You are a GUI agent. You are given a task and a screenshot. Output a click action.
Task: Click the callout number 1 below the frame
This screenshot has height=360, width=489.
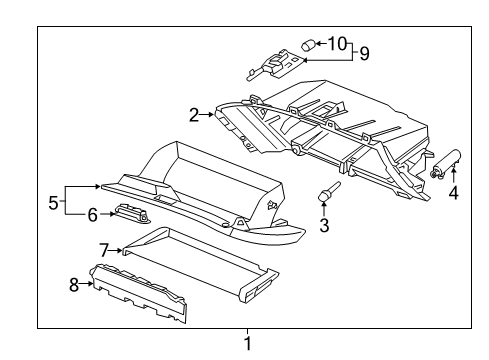tap(248, 345)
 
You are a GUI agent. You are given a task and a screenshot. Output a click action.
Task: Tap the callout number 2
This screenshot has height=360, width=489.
tap(194, 114)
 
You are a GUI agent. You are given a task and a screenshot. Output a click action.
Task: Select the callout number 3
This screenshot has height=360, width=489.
tap(324, 226)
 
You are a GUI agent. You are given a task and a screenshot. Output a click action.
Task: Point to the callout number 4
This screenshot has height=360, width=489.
tap(453, 192)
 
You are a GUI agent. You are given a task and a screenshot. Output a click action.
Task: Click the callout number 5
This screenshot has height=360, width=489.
tap(53, 202)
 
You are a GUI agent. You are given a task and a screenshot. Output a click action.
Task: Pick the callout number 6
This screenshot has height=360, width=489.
tap(92, 214)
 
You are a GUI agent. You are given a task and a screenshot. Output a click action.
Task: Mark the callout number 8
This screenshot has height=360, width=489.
tap(73, 284)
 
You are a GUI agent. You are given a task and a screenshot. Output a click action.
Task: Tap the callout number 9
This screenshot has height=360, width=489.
tap(364, 52)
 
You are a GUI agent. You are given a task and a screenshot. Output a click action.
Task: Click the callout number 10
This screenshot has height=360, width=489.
tap(336, 43)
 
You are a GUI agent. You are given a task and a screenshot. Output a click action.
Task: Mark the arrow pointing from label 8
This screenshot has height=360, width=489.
tap(87, 284)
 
